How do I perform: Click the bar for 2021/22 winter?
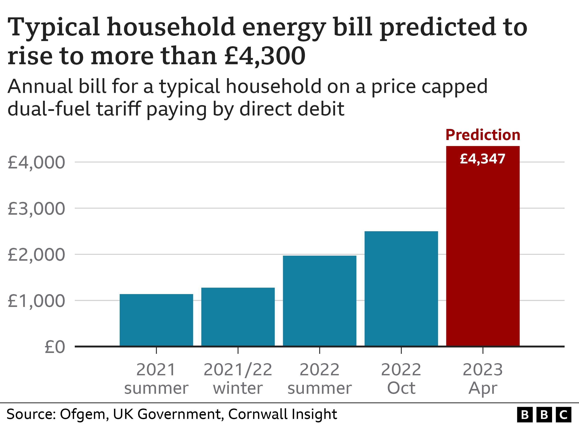pyautogui.click(x=238, y=317)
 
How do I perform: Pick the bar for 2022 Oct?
pyautogui.click(x=401, y=288)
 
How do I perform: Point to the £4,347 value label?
pyautogui.click(x=483, y=159)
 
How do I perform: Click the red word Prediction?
pyautogui.click(x=483, y=135)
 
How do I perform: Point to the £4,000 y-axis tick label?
pyautogui.click(x=36, y=163)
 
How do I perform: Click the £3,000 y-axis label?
pyautogui.click(x=36, y=209)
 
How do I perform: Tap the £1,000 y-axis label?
pyautogui.click(x=36, y=301)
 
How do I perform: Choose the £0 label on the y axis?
pyautogui.click(x=55, y=347)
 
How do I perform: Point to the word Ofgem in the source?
pyautogui.click(x=82, y=414)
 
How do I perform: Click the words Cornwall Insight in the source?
pyautogui.click(x=282, y=414)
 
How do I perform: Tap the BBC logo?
pyautogui.click(x=544, y=414)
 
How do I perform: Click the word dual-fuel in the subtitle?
pyautogui.click(x=49, y=109)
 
